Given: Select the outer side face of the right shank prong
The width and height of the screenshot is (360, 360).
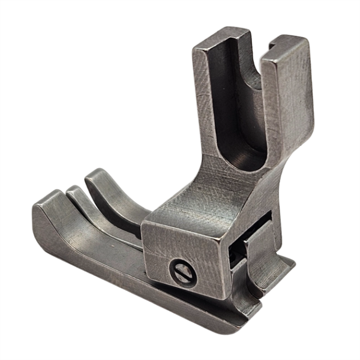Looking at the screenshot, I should click(294, 120).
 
